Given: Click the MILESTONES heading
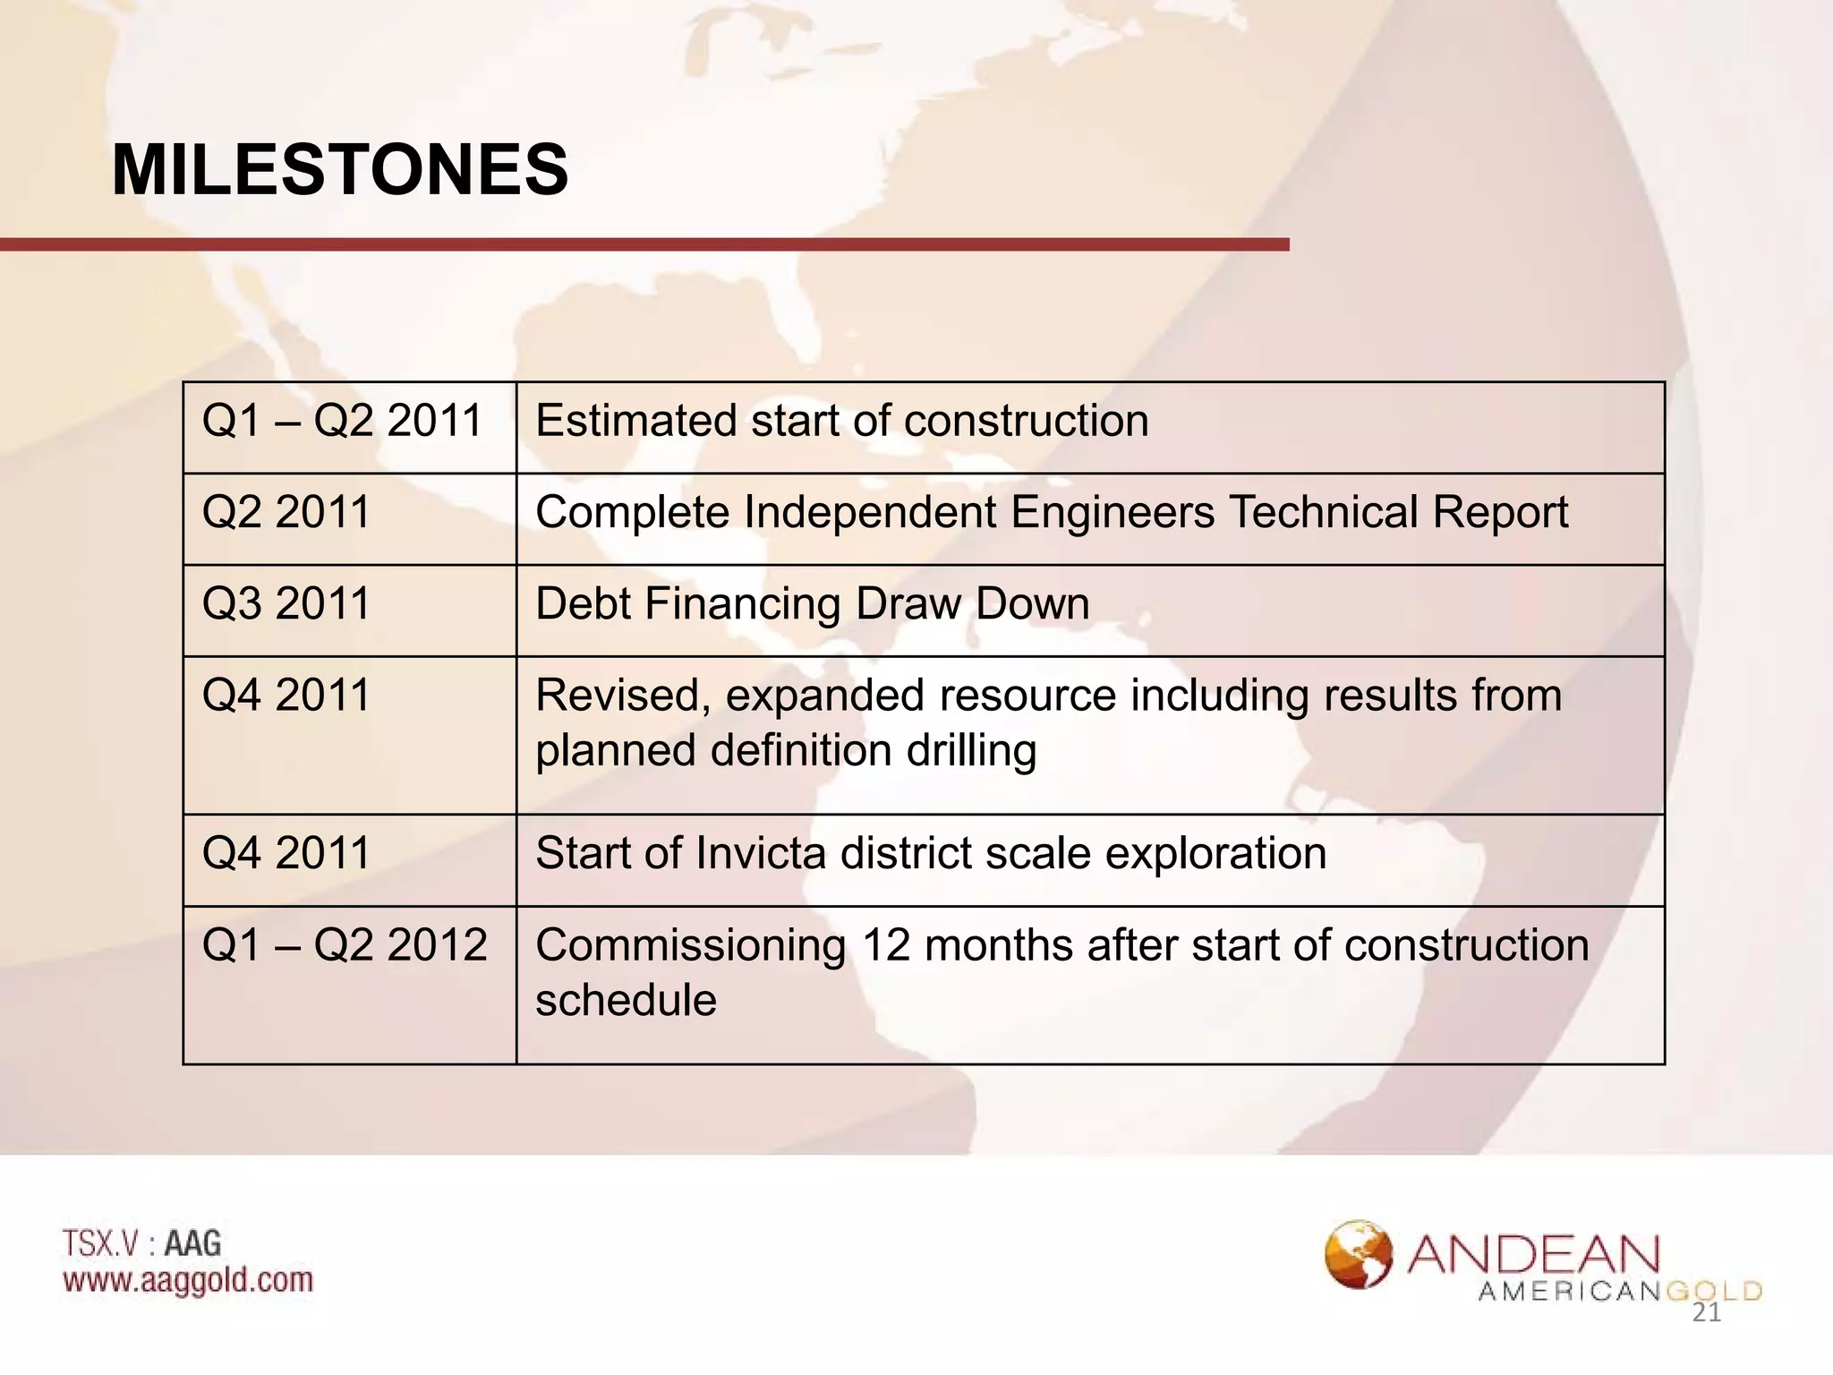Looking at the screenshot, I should (340, 170).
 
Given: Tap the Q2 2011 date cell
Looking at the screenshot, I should (286, 513).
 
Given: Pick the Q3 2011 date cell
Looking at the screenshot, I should (286, 604).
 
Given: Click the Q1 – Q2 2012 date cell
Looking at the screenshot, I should (345, 945).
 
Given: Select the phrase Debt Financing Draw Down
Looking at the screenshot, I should (812, 604).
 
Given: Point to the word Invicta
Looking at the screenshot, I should (760, 853).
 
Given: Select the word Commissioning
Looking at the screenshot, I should (690, 946).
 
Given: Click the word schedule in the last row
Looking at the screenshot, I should (626, 1001).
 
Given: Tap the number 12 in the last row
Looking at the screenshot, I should (885, 945).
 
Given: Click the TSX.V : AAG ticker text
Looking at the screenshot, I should (142, 1243).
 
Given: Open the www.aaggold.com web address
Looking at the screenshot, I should (188, 1280).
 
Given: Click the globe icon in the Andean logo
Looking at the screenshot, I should (1358, 1254).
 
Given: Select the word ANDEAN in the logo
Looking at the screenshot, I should (1533, 1255).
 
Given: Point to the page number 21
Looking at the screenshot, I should (1706, 1313).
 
